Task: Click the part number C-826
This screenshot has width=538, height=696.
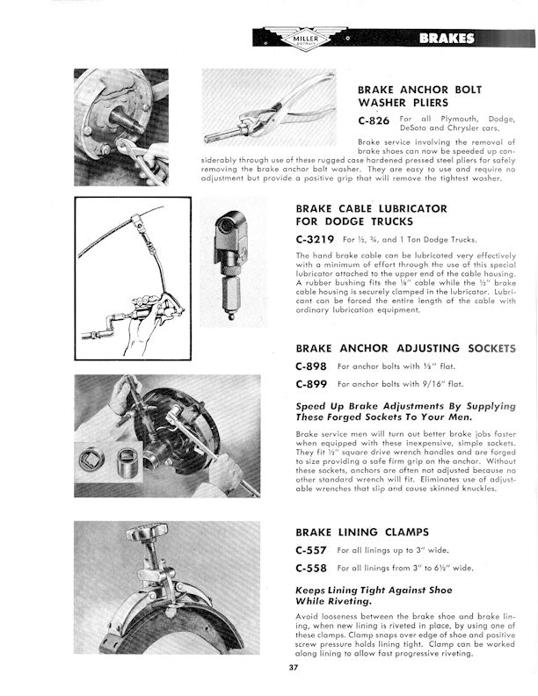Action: [x=374, y=121]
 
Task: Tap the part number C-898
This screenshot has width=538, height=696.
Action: [x=311, y=366]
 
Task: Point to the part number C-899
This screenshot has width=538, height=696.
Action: [x=311, y=384]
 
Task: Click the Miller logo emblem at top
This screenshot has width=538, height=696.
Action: [x=302, y=38]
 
